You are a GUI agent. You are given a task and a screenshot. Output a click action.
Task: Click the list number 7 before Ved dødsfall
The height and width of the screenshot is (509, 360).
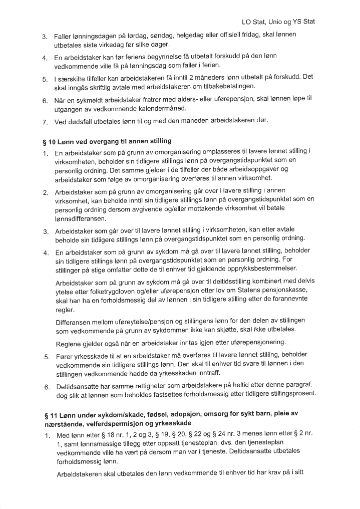(x=45, y=122)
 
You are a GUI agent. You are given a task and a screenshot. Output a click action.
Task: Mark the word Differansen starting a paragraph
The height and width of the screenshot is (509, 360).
(x=75, y=321)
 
